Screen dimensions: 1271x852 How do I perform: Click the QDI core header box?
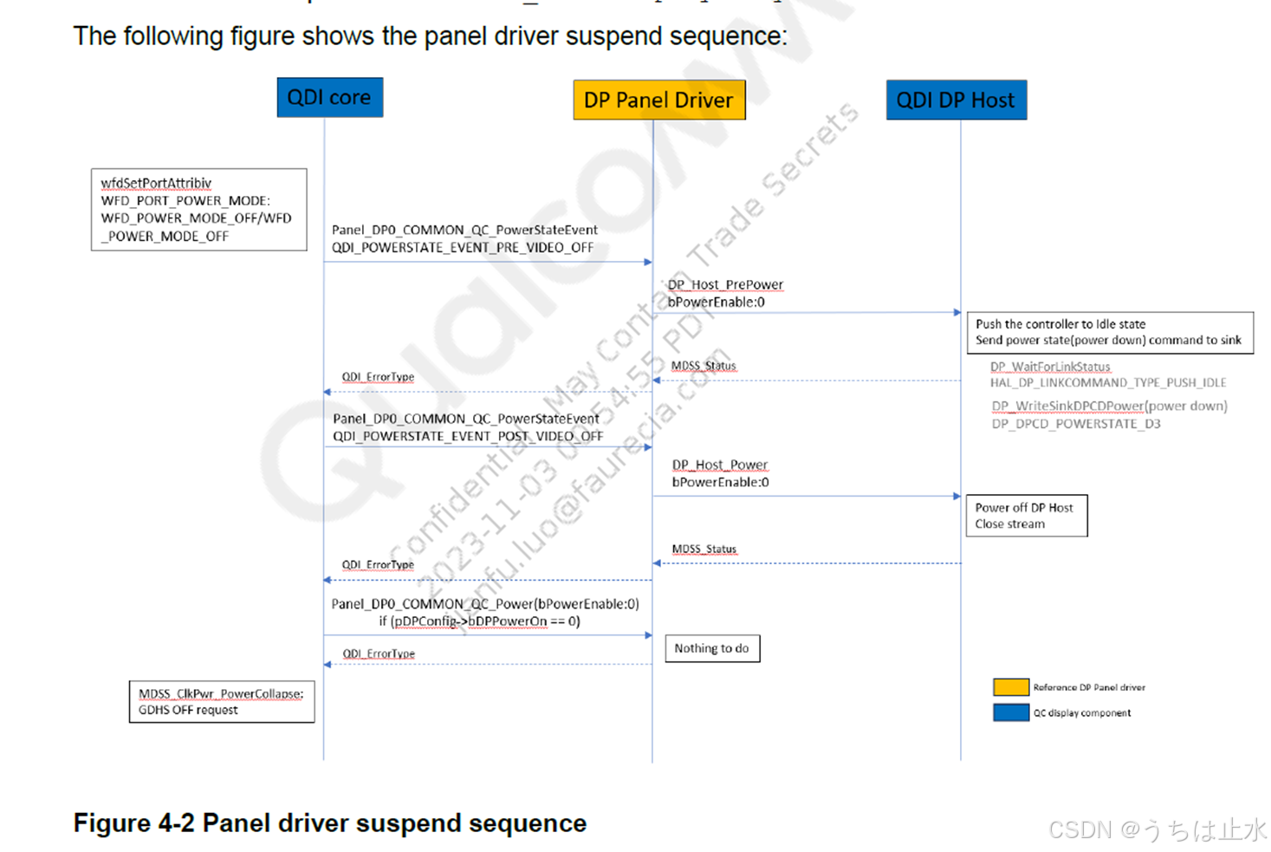point(329,98)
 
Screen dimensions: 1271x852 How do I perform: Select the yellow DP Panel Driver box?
point(658,101)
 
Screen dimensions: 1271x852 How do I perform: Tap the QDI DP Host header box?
point(956,101)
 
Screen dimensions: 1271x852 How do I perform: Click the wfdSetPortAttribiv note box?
point(198,210)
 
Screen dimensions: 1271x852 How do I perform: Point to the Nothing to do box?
point(712,648)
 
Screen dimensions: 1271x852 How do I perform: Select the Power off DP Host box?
point(1026,516)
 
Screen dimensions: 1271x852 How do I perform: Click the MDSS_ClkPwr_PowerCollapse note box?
point(221,702)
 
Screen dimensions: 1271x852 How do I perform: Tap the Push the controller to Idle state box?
point(1109,332)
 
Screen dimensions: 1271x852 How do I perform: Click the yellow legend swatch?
point(1010,687)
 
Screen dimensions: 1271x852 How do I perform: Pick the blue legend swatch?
point(1010,712)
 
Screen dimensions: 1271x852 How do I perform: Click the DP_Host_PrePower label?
point(725,284)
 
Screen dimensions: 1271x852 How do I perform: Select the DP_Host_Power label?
point(720,465)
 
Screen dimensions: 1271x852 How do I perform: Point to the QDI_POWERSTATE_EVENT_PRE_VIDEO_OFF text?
point(463,248)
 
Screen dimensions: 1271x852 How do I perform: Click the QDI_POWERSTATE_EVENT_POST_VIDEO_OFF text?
point(468,436)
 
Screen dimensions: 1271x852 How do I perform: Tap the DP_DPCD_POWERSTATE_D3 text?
point(1076,424)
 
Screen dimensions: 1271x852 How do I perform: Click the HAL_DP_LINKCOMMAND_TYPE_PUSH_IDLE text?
point(1108,382)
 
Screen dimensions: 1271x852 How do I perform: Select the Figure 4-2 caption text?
point(329,823)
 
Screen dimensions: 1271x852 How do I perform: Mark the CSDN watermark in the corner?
point(1157,829)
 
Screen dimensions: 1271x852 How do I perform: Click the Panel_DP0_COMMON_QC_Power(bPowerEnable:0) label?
point(485,603)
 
